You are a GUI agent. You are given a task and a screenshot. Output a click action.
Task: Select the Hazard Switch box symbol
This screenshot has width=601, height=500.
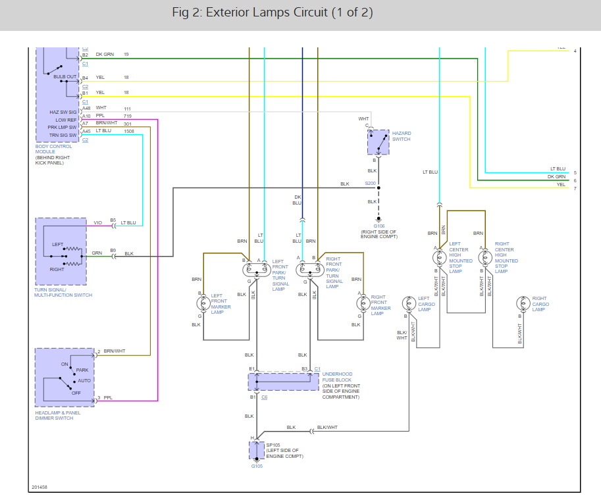pyautogui.click(x=378, y=142)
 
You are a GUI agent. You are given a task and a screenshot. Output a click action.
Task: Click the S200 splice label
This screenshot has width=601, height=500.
pyautogui.click(x=370, y=184)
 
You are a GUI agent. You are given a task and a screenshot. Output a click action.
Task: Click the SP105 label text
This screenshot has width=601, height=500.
pyautogui.click(x=272, y=445)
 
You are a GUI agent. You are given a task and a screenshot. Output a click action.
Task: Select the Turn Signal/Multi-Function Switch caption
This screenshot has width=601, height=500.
pyautogui.click(x=63, y=292)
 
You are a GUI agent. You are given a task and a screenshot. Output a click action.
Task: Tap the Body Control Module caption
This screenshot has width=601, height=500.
pyautogui.click(x=55, y=149)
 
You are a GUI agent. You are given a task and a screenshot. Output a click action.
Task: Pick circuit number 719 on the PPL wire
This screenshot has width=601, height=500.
pyautogui.click(x=128, y=116)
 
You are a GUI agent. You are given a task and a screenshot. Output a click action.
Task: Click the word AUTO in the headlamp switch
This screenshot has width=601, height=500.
pyautogui.click(x=84, y=381)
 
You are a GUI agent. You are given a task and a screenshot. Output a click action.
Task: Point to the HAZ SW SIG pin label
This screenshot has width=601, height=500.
pyautogui.click(x=63, y=113)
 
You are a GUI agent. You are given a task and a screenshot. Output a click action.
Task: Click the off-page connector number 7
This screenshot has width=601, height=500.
pyautogui.click(x=575, y=189)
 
